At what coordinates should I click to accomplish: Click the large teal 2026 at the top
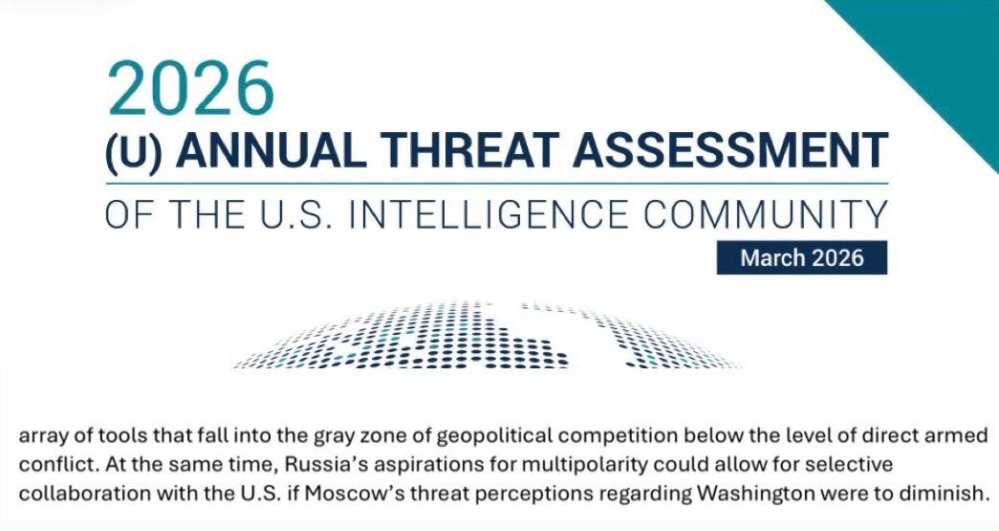click(190, 89)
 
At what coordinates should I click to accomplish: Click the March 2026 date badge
click(802, 257)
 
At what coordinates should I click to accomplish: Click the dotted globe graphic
click(488, 335)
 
